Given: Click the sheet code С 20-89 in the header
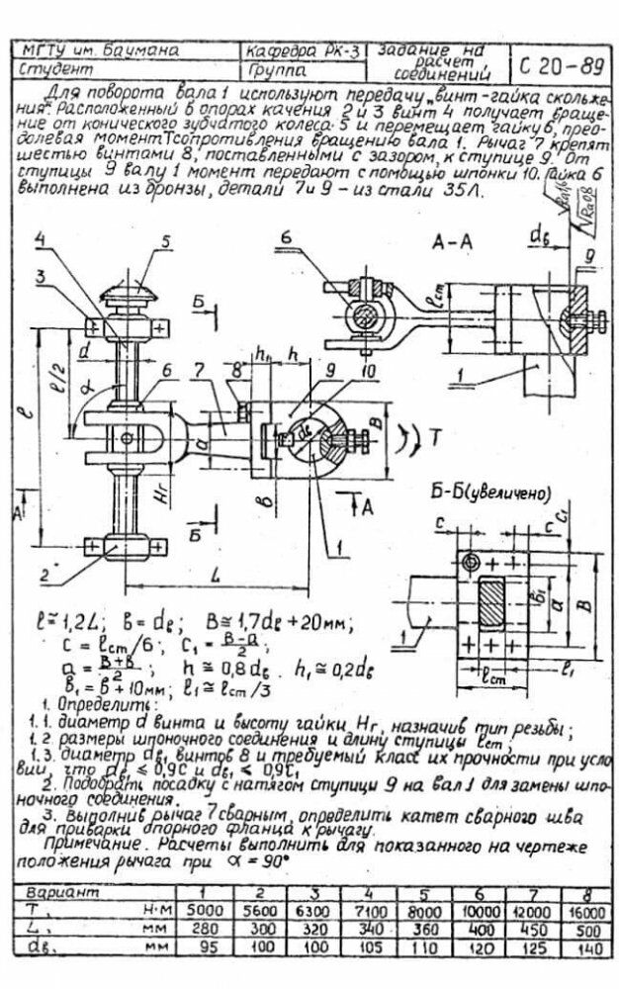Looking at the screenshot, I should coord(559,65).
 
